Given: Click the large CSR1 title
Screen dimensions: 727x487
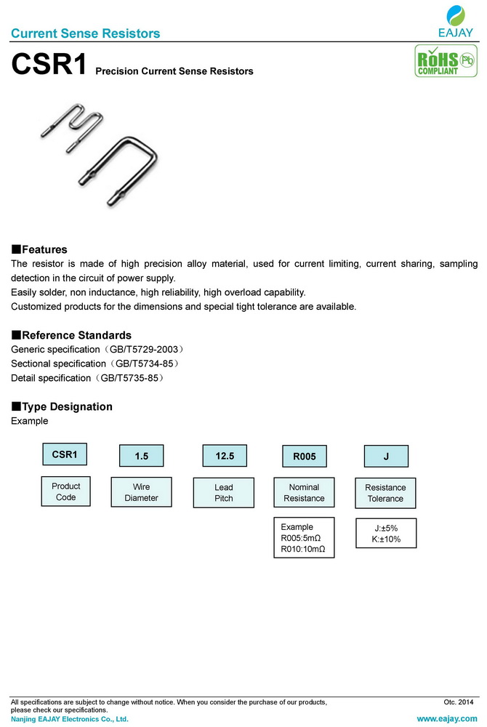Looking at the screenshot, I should pyautogui.click(x=48, y=65).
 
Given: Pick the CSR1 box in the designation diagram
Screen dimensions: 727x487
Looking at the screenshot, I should pyautogui.click(x=65, y=454).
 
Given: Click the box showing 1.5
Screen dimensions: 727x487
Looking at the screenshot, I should pyautogui.click(x=142, y=457).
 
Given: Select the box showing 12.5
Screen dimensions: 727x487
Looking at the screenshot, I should pyautogui.click(x=225, y=456).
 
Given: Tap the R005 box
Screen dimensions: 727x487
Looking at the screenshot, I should pyautogui.click(x=305, y=457).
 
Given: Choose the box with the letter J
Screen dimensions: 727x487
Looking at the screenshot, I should pyautogui.click(x=386, y=457).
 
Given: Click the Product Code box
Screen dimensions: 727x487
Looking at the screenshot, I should pyautogui.click(x=65, y=491).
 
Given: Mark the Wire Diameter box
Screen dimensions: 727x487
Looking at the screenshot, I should pyautogui.click(x=141, y=492).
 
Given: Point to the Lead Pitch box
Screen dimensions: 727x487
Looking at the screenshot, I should pyautogui.click(x=224, y=492).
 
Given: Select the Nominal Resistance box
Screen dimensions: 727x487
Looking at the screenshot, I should pyautogui.click(x=305, y=492).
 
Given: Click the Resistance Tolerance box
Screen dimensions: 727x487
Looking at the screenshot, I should pyautogui.click(x=385, y=493).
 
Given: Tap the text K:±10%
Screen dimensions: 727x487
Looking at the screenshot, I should pyautogui.click(x=385, y=539).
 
